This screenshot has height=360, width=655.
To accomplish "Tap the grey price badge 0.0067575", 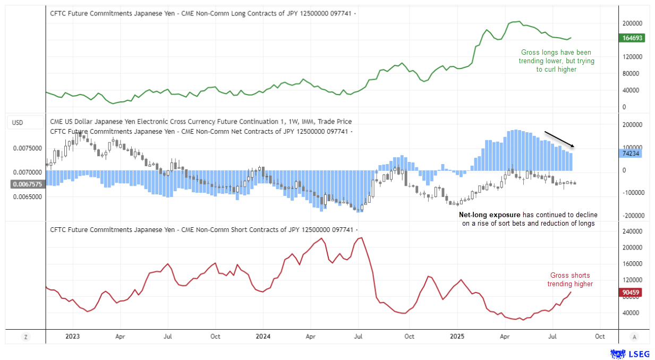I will [x=27, y=184].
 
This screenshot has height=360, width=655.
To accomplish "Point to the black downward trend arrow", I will [x=559, y=139].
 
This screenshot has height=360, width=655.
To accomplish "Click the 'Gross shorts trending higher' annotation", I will [x=570, y=280].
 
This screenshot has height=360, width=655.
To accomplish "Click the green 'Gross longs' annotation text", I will [x=556, y=61].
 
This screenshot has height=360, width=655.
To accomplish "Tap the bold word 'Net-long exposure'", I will [x=489, y=215].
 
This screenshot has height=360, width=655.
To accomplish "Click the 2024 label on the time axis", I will [x=262, y=336].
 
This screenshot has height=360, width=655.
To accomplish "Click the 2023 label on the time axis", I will [x=72, y=336].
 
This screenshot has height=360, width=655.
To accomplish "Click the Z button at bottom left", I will [x=25, y=337].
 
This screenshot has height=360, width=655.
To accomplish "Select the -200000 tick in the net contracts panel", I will [x=633, y=216].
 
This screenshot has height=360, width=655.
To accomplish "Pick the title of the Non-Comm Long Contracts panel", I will [x=202, y=12].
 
